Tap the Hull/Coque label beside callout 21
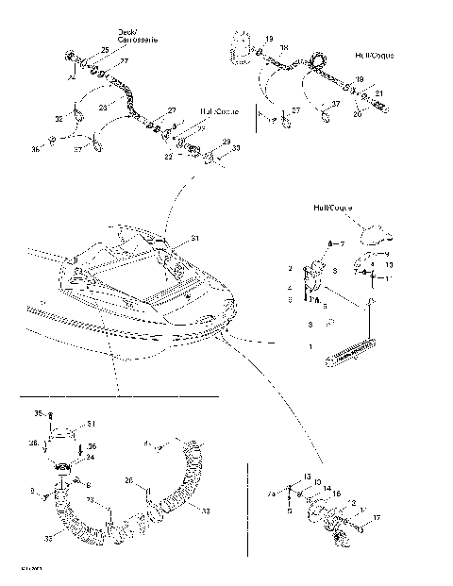point(376,57)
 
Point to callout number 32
point(58,119)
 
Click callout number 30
point(235,148)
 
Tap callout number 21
point(378,93)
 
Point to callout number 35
point(39,413)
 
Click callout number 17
point(377,517)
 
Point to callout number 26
point(127,480)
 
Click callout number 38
point(34,442)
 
